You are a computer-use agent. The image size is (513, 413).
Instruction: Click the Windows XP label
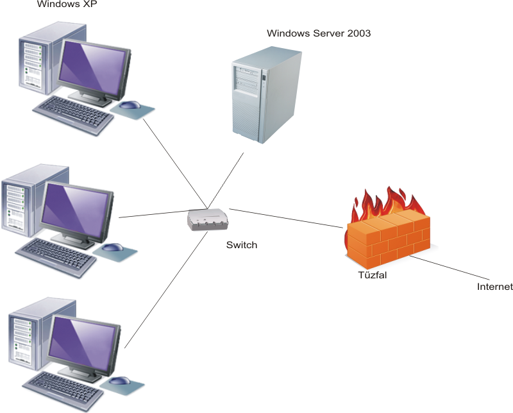(x=63, y=6)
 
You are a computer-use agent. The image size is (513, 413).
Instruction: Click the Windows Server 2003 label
(x=319, y=33)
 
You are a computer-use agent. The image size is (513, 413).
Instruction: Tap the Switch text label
(x=242, y=244)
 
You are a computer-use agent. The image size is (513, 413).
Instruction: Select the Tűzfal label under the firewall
(x=373, y=275)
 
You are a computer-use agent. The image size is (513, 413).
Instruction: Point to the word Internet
(x=495, y=287)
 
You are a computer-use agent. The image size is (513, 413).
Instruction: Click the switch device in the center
(x=208, y=220)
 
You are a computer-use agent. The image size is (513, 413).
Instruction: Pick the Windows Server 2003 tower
(x=266, y=96)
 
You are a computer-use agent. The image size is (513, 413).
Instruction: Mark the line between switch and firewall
(x=286, y=217)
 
